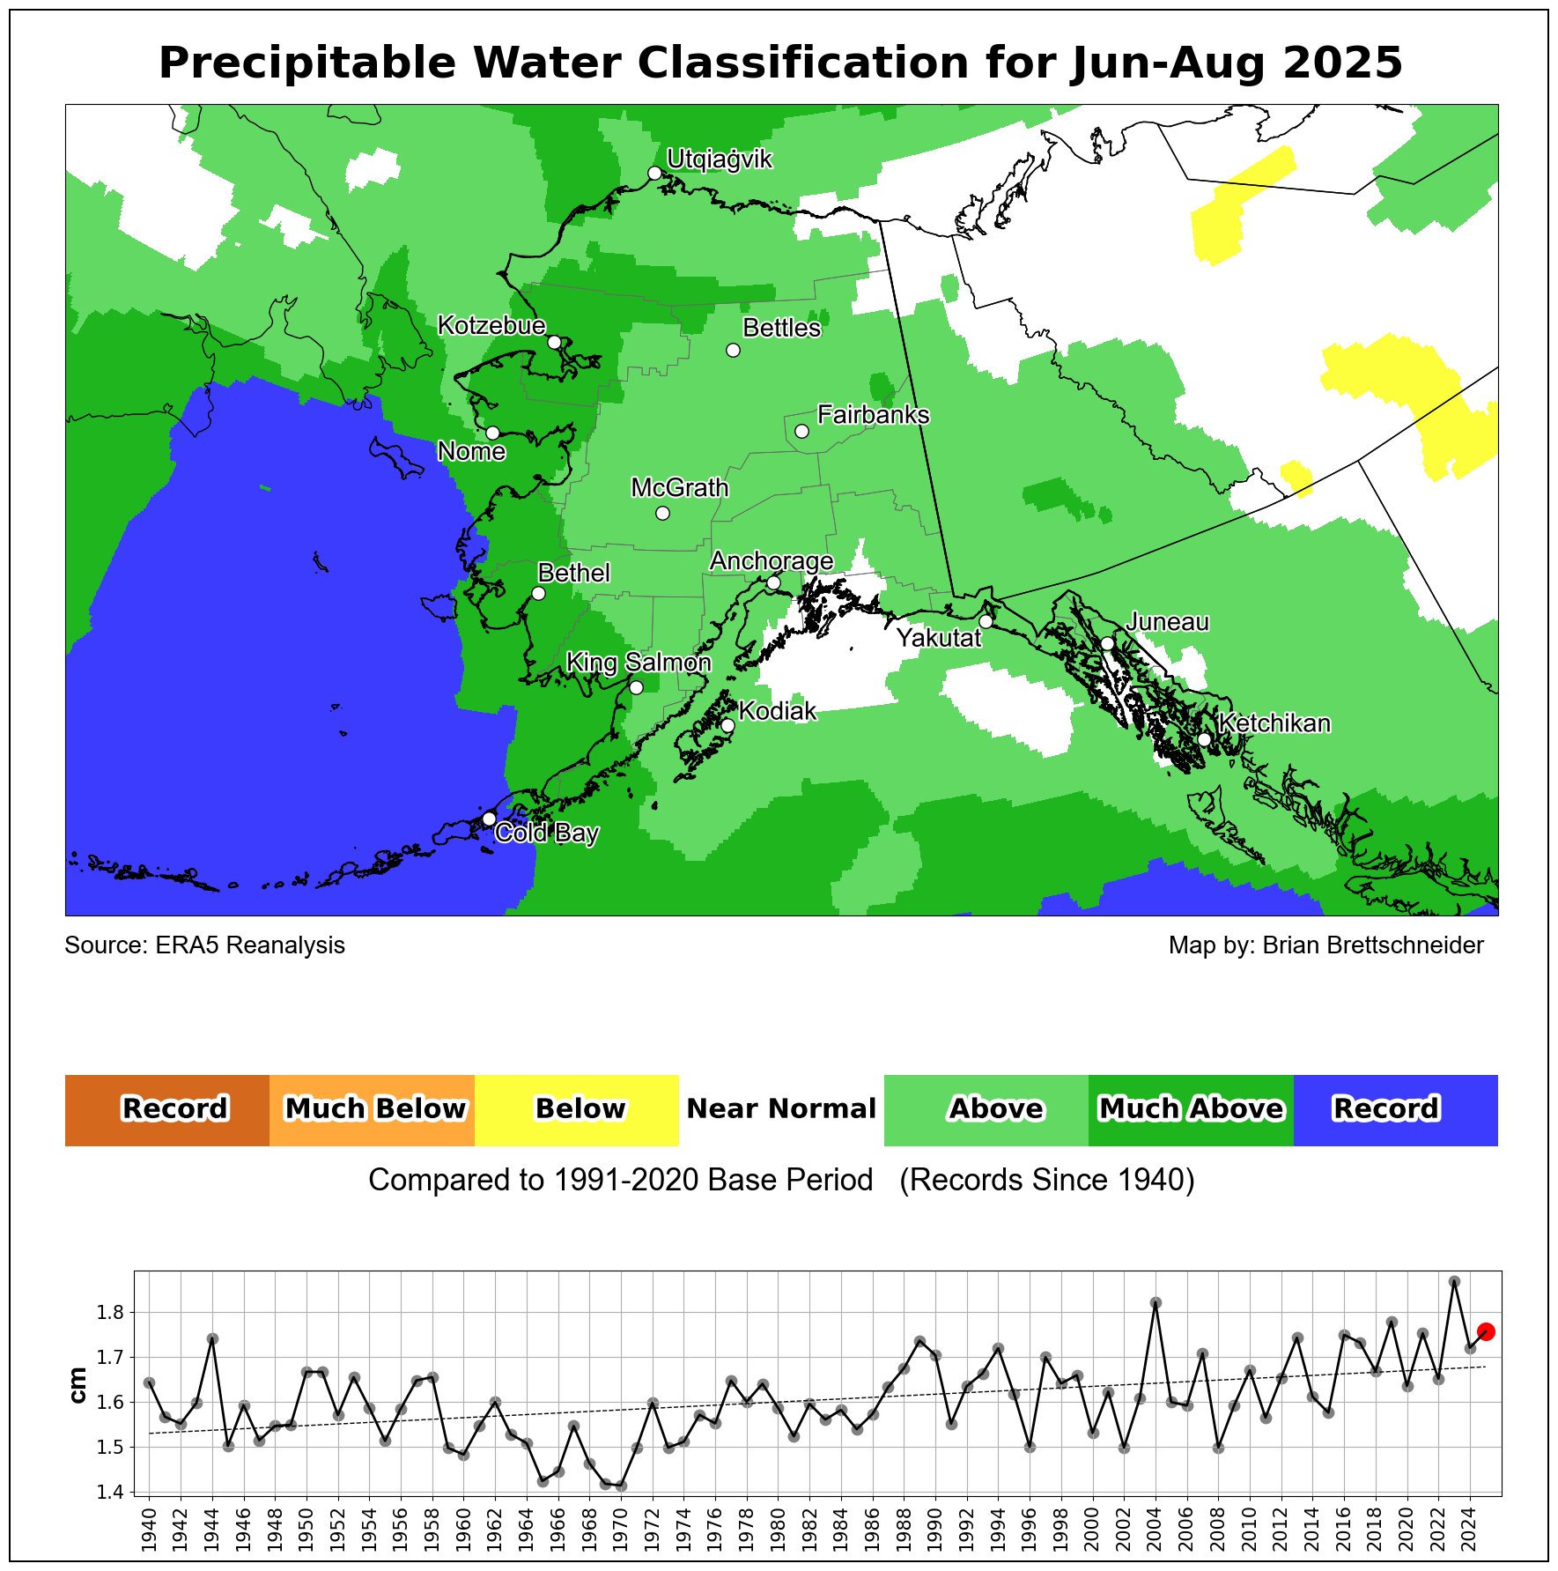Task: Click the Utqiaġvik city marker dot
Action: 654,173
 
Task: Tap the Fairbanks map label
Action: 873,414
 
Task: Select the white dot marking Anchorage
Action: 773,582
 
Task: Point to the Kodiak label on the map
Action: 777,711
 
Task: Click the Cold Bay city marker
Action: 489,819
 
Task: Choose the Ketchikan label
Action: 1274,723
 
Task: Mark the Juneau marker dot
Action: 1107,643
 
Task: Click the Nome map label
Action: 471,452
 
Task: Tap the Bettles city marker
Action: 733,350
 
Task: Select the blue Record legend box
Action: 1395,1109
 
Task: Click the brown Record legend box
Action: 167,1109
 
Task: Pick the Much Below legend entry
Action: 373,1109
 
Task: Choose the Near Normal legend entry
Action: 781,1109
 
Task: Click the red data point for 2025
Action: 1486,1331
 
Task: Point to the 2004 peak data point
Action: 1156,1302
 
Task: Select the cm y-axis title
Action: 78,1385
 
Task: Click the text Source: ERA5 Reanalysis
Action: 204,945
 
